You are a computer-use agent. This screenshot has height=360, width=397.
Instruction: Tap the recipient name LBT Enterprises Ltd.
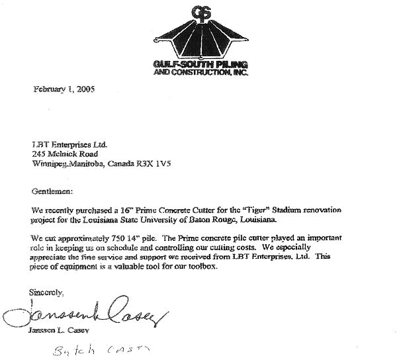pos(69,142)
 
